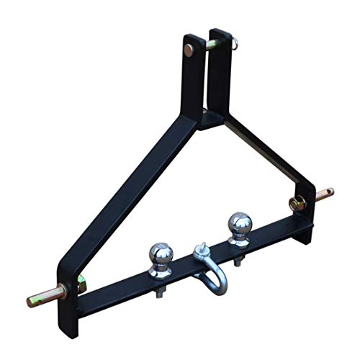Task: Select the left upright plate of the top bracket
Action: click(192, 79)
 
